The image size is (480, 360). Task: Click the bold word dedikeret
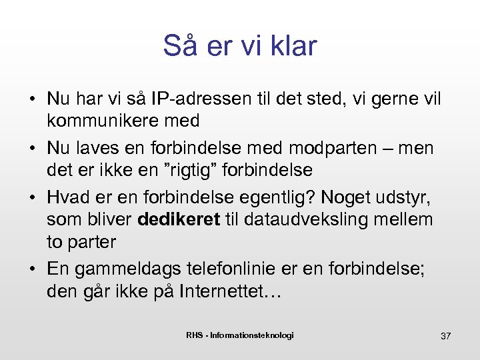pyautogui.click(x=179, y=219)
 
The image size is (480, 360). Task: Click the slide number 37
pyautogui.click(x=445, y=336)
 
